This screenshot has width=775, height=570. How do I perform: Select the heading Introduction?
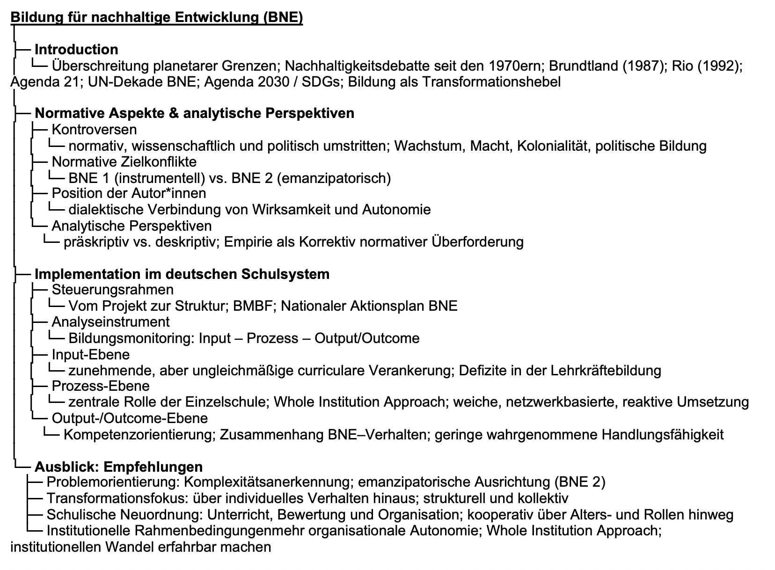click(76, 50)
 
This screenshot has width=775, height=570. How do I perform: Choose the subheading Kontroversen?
click(94, 130)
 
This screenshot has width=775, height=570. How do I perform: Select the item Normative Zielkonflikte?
click(124, 162)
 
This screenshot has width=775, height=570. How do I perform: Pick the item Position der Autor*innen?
click(129, 193)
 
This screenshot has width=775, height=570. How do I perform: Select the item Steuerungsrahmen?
click(112, 290)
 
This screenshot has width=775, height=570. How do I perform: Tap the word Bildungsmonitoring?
click(130, 338)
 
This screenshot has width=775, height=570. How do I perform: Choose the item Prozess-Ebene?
click(101, 386)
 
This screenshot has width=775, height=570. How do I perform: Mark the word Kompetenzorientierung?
click(139, 435)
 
